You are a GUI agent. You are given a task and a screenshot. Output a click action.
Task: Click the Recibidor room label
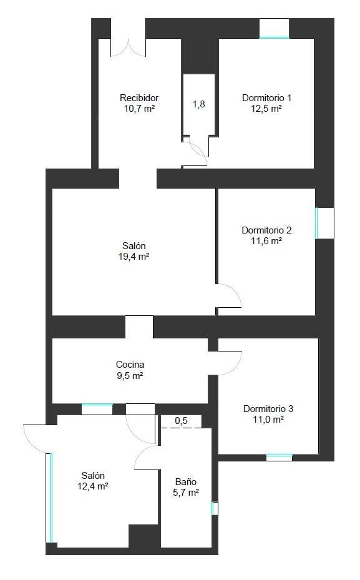139,98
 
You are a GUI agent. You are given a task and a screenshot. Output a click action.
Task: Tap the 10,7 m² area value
139,109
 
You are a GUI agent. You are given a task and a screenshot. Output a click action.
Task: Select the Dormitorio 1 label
266,98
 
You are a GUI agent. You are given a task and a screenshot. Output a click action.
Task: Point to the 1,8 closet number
199,104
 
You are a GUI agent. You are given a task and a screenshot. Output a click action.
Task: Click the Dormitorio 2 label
266,230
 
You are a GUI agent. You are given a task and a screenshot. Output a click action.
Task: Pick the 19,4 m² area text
134,257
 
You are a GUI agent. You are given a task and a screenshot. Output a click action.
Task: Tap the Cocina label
130,365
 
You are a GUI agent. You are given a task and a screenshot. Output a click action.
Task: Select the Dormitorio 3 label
268,409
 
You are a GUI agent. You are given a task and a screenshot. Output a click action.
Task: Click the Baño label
186,482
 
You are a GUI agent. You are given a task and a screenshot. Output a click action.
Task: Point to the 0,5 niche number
181,421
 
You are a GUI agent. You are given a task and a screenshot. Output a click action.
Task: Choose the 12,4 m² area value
93,486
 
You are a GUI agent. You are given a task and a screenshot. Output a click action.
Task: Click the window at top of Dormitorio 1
274,37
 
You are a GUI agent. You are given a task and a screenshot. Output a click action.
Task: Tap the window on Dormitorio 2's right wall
317,223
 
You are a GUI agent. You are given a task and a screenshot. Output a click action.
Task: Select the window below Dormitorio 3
280,457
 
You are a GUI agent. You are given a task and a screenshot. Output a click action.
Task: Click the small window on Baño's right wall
214,508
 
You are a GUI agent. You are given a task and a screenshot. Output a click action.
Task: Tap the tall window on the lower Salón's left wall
51,498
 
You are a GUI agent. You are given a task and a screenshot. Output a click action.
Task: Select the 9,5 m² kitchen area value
130,376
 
